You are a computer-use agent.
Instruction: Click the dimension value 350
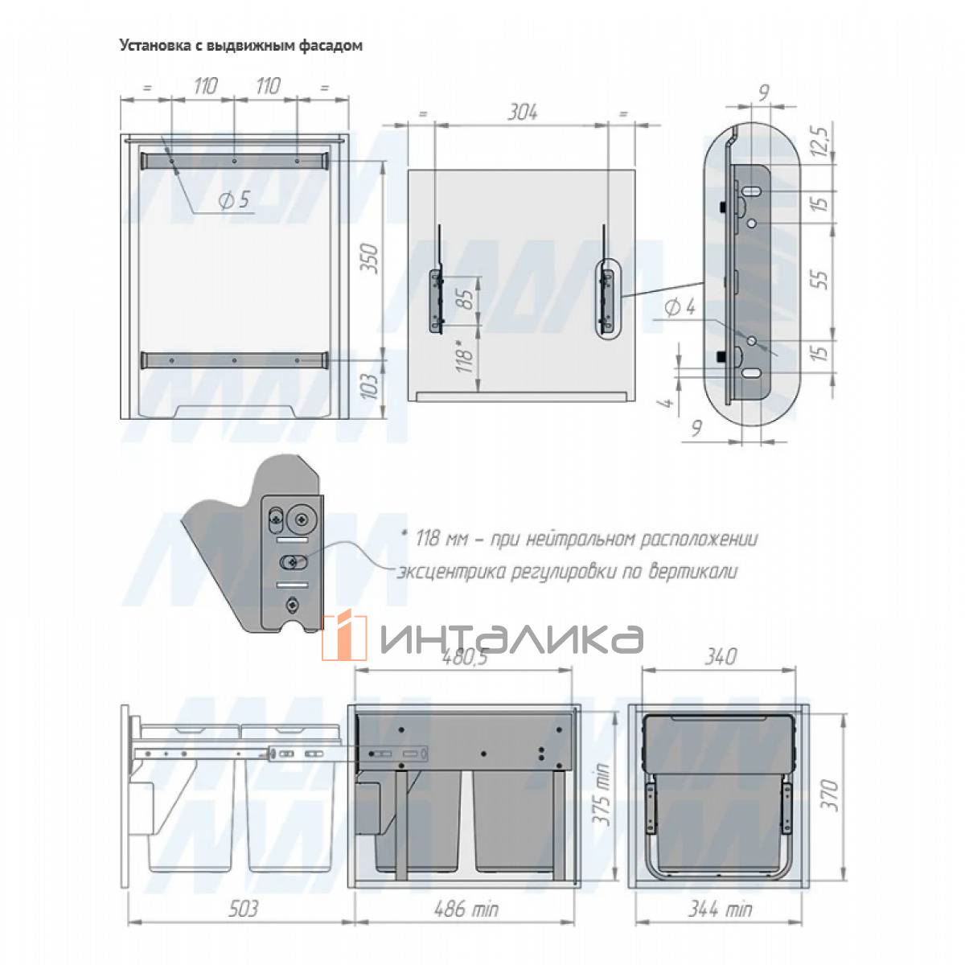coord(370,258)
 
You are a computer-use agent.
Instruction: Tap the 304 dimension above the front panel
coord(523,113)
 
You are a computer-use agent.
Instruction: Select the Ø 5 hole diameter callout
coord(234,200)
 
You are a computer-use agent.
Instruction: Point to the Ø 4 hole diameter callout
coord(680,307)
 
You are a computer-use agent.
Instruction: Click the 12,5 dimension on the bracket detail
coord(820,142)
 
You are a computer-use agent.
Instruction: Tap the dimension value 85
coord(466,299)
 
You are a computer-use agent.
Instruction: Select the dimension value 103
coord(370,386)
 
